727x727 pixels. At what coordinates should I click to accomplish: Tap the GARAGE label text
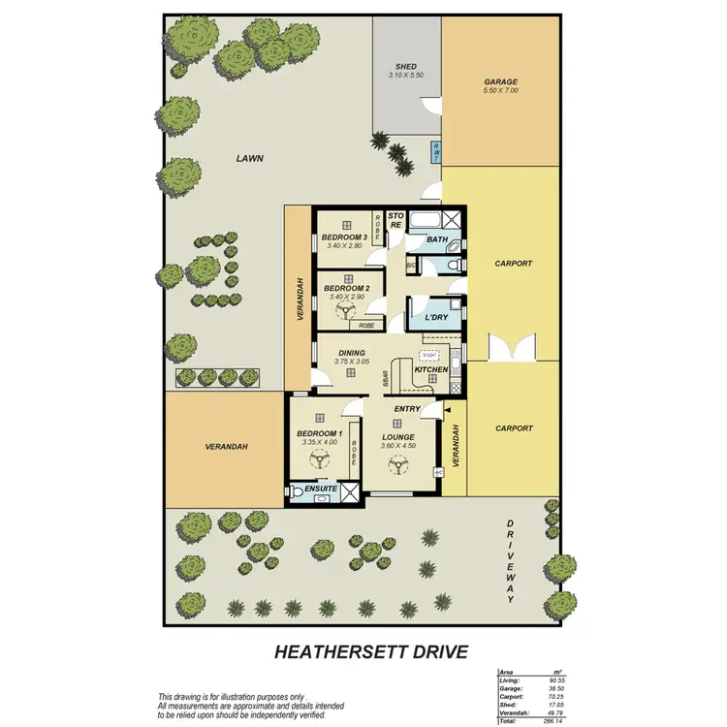click(x=501, y=82)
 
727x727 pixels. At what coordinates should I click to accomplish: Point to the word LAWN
click(x=250, y=158)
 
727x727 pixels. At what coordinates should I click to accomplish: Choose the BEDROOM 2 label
click(x=346, y=288)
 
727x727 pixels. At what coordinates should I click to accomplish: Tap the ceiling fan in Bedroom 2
click(x=346, y=310)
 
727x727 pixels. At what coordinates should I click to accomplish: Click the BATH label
click(x=436, y=238)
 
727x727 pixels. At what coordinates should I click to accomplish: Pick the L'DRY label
click(x=427, y=316)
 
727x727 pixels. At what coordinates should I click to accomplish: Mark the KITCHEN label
click(x=429, y=370)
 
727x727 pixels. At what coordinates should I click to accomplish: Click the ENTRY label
click(x=407, y=409)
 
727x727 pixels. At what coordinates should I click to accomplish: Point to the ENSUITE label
click(x=321, y=490)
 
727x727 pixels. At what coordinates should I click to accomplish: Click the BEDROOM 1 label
click(x=319, y=433)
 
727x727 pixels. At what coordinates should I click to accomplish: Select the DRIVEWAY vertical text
click(x=511, y=560)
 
